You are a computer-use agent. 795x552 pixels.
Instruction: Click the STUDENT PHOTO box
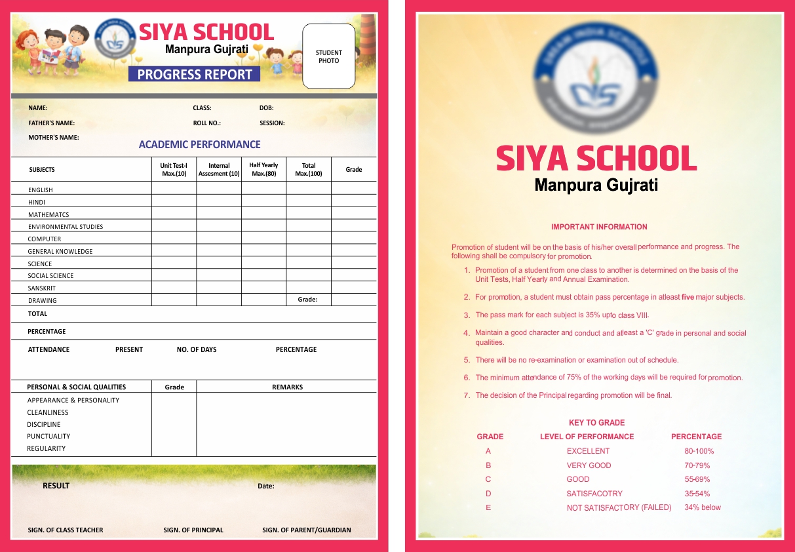pos(328,56)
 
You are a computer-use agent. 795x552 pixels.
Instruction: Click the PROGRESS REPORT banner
pos(195,74)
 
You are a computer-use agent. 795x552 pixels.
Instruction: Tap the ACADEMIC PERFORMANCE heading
pos(199,144)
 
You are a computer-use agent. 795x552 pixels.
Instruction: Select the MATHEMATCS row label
pos(48,214)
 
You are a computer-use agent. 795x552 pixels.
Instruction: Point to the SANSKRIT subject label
pos(41,288)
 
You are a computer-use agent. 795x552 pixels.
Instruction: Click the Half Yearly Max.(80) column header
pos(263,169)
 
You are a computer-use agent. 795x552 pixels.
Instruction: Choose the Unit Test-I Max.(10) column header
pos(174,169)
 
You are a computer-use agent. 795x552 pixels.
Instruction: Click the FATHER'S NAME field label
pos(51,123)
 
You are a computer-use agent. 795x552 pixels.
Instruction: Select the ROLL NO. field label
pos(206,123)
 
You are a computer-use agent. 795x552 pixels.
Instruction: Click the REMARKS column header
pos(287,387)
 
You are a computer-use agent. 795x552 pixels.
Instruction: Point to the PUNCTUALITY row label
pos(48,436)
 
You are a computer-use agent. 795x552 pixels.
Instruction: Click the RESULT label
pos(56,486)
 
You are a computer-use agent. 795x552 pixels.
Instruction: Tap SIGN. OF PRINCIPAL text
pos(193,530)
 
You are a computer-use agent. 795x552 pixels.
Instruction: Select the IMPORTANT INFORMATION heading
pos(599,227)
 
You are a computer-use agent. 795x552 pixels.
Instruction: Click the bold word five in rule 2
pos(688,297)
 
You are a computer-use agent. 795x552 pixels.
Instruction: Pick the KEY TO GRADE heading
pos(596,423)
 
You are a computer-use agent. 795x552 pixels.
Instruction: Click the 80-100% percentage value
pos(699,451)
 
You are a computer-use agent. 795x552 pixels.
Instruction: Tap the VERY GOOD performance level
pos(589,465)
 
